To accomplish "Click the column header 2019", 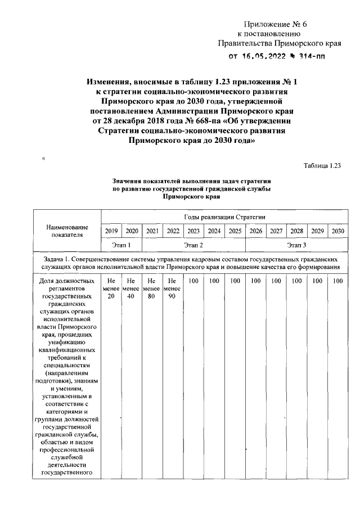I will click(111, 231).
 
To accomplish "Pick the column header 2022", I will click(173, 231).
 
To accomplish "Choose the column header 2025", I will click(235, 231).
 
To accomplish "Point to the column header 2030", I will click(337, 231).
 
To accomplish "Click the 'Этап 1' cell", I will click(121, 245).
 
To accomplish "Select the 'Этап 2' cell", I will click(193, 245).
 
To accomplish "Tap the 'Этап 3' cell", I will click(296, 245).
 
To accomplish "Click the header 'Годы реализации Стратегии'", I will click(224, 217).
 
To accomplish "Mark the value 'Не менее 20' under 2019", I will click(111, 288).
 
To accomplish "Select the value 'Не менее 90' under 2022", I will click(173, 288).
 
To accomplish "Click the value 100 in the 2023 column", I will click(194, 281).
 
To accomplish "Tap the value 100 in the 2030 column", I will click(337, 281).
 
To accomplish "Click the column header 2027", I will click(276, 231).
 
